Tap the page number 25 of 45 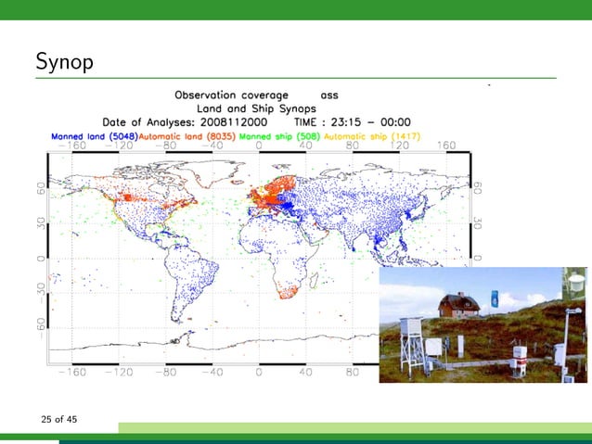click(x=58, y=420)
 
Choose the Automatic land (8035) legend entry click(x=187, y=135)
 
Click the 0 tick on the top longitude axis click(x=260, y=146)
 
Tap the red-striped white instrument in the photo click(x=521, y=353)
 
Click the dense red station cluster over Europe click(x=272, y=197)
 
